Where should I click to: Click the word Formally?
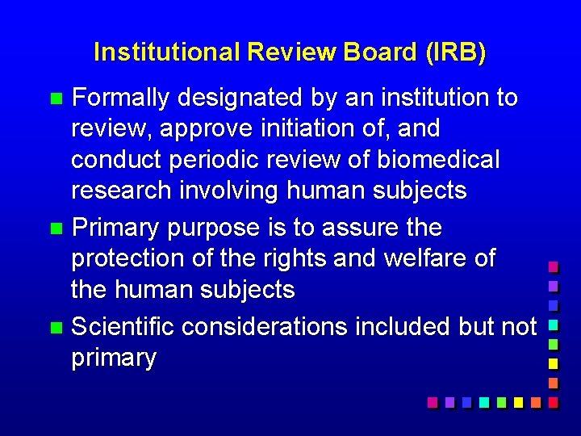[120, 99]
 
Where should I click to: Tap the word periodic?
[220, 160]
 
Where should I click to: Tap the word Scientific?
[123, 327]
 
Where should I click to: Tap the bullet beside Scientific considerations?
[55, 328]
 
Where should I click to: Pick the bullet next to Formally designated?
[55, 99]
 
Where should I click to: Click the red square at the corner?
[553, 401]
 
